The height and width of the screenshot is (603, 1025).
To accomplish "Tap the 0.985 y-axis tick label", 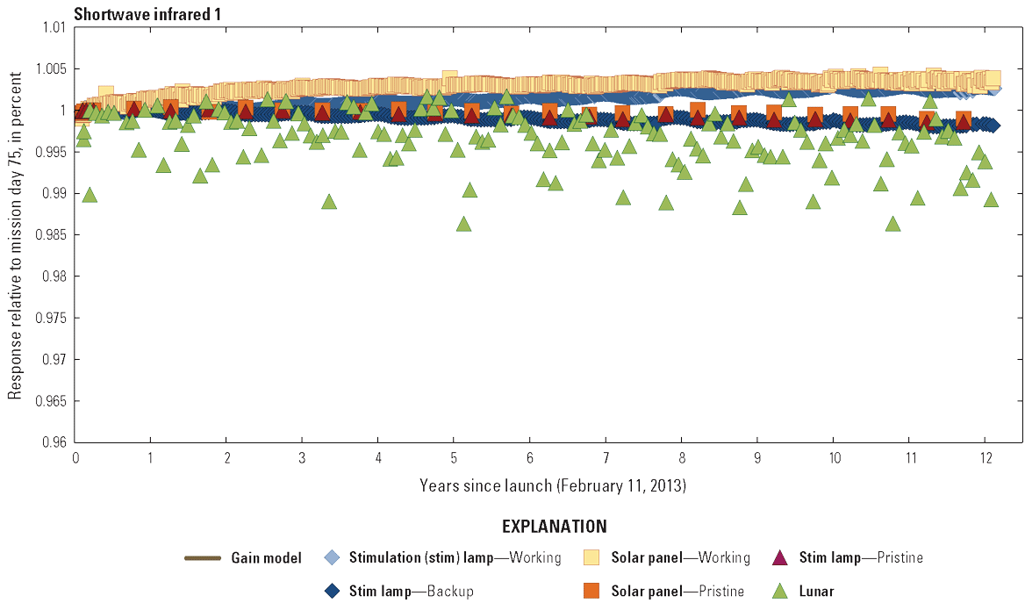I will coord(52,235).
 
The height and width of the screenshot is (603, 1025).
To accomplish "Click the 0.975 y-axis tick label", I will coord(52,318).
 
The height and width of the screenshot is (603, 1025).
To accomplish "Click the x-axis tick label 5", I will coord(454,458).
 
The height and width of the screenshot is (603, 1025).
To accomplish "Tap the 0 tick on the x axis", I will coord(75,458).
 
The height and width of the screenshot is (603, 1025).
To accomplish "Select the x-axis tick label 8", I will coord(682,458).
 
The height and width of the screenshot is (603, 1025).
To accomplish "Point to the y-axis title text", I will coord(15,234).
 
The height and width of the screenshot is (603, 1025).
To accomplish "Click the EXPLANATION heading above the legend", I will coord(554,528).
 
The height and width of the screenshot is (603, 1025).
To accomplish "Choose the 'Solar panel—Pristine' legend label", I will coord(677,592).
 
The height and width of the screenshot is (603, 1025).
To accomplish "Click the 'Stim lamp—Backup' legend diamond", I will coord(331,591).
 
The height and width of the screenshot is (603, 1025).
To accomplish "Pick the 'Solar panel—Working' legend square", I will coord(592,557).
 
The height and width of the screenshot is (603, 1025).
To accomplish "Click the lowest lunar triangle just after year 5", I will coord(463,224).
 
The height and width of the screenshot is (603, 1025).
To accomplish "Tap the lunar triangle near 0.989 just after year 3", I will coord(329,201).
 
